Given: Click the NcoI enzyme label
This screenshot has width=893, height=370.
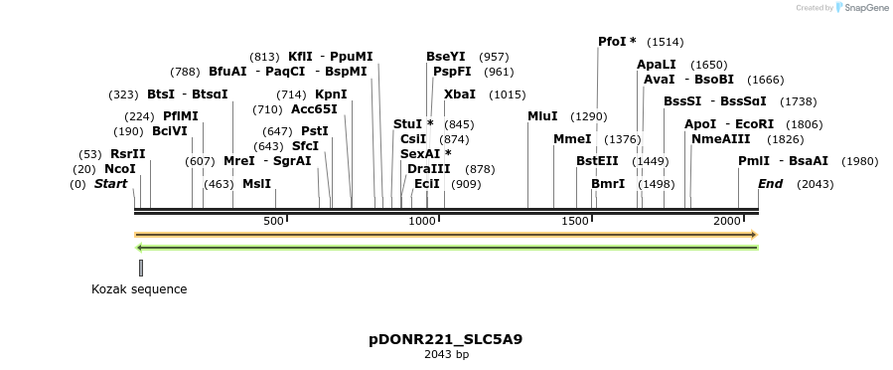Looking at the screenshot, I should click(119, 169).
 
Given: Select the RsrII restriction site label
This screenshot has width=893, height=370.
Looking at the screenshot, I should click(127, 154).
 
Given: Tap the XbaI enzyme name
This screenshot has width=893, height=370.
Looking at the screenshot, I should click(459, 94).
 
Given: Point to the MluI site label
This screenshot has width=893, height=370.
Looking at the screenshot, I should click(542, 116).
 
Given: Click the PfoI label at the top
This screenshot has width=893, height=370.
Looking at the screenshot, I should click(612, 42).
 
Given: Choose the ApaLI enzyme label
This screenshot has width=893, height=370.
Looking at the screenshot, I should click(656, 65).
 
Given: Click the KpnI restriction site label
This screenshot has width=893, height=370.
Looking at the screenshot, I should click(331, 94).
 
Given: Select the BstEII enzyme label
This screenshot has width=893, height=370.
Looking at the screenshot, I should click(597, 161).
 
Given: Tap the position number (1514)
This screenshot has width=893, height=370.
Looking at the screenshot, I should click(665, 43).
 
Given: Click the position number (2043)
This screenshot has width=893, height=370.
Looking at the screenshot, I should click(815, 184).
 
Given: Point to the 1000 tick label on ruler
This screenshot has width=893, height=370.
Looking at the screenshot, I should click(423, 220).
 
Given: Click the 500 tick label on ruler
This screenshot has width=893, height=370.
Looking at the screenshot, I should click(273, 220).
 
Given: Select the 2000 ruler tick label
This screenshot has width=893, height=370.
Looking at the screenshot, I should click(727, 220).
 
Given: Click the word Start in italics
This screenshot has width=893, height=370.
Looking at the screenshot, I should click(110, 184).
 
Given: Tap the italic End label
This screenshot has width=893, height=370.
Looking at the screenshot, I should click(770, 184).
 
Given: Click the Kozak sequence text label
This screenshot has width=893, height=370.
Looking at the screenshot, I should click(139, 289).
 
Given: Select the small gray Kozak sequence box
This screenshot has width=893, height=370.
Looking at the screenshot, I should click(141, 268).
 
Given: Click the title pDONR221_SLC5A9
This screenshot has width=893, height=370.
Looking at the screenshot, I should click(445, 339).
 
